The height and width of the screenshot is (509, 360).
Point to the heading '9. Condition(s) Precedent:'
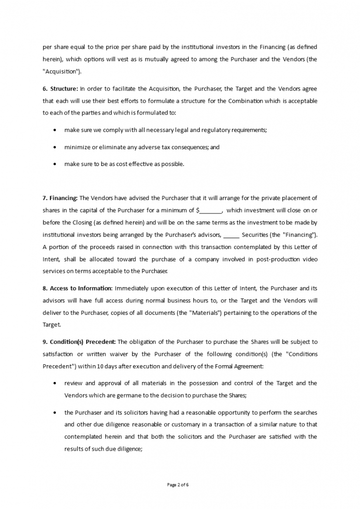(79, 342)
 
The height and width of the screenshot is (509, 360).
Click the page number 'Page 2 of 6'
(179, 485)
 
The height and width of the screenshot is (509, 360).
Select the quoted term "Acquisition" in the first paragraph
(61, 71)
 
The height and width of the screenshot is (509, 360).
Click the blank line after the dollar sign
(211, 211)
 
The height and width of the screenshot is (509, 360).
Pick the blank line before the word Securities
(231, 235)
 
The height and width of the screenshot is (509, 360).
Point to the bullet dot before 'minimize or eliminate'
(54, 147)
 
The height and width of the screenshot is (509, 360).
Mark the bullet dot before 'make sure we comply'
(54, 130)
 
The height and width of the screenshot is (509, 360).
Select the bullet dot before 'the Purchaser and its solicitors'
(54, 413)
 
